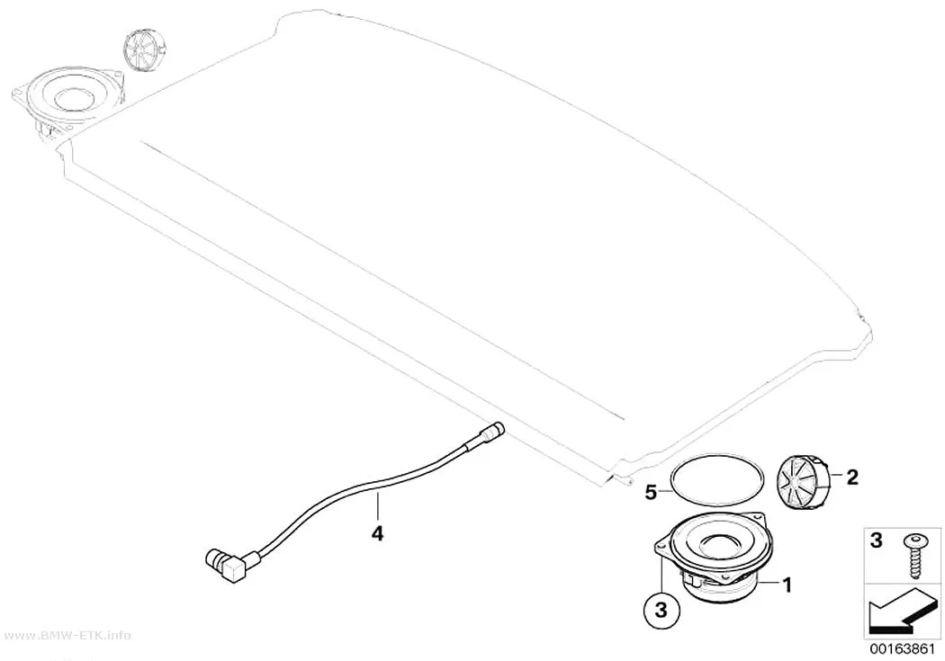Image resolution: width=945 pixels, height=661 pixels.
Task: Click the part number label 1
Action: (786, 584)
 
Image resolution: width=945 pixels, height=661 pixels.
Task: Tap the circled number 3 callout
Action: (661, 610)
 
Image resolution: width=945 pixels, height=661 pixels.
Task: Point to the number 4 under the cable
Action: (377, 533)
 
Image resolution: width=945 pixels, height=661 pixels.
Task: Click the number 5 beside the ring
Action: (651, 493)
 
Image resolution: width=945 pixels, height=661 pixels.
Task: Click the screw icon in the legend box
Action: (912, 557)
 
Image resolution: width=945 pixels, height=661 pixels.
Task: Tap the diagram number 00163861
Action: (902, 650)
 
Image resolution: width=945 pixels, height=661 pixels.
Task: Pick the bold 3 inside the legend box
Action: (877, 540)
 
